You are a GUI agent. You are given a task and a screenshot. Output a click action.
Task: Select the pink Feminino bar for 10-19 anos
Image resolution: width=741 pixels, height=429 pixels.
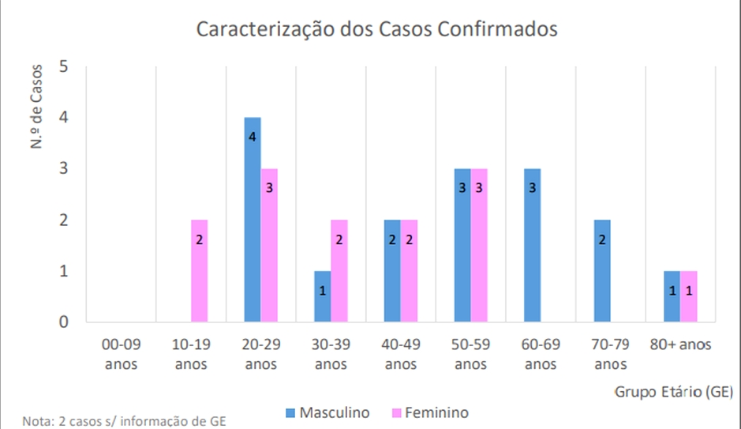click(199, 270)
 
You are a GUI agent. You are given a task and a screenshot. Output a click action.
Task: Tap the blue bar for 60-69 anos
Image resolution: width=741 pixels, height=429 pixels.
click(533, 245)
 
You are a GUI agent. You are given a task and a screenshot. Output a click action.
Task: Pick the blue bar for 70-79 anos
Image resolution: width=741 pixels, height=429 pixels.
click(602, 270)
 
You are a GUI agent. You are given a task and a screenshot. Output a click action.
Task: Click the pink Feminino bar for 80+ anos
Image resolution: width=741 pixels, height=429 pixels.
click(689, 296)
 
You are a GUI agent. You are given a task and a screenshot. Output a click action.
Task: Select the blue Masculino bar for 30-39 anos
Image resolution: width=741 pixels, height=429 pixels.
click(322, 296)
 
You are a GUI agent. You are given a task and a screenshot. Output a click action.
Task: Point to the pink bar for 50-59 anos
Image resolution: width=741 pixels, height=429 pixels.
click(479, 245)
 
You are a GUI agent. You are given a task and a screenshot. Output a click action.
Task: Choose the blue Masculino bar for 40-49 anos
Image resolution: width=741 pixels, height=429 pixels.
click(391, 270)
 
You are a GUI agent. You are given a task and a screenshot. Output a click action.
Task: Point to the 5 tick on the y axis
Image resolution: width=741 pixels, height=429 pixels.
click(65, 66)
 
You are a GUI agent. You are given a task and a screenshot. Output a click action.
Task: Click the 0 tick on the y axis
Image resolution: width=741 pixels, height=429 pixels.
click(65, 322)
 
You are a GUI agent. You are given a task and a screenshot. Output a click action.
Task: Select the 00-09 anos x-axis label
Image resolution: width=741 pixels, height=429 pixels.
click(121, 354)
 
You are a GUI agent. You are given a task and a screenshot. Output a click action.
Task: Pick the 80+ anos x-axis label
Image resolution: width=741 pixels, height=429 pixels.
click(680, 345)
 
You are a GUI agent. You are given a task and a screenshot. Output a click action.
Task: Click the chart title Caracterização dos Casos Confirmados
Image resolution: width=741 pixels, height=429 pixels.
click(376, 29)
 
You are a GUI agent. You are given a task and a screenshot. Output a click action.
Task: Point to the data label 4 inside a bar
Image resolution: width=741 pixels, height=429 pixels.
click(253, 137)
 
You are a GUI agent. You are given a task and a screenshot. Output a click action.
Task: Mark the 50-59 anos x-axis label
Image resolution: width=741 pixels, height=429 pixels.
click(470, 354)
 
